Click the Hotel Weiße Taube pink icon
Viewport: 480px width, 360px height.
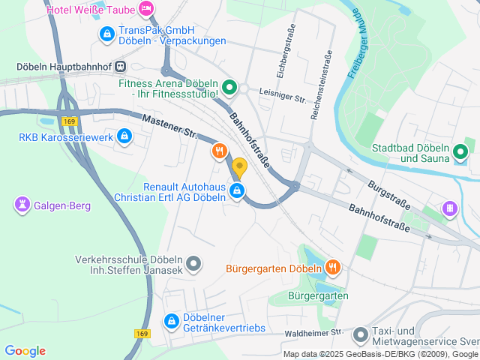147,9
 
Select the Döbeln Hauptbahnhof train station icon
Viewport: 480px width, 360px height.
120,66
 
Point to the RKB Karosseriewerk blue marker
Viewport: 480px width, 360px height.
124,136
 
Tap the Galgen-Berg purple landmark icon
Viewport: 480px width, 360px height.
21,203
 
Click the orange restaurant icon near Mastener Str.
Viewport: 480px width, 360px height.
219,151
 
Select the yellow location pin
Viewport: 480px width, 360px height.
239,168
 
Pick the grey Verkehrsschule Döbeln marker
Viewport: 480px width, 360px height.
193,263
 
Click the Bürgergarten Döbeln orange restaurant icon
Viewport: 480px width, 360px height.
333,267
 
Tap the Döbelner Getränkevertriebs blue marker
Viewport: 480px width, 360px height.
172,321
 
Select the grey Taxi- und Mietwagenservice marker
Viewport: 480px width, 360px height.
361,333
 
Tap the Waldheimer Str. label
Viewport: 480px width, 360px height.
313,332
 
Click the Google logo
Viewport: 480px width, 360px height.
25,350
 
